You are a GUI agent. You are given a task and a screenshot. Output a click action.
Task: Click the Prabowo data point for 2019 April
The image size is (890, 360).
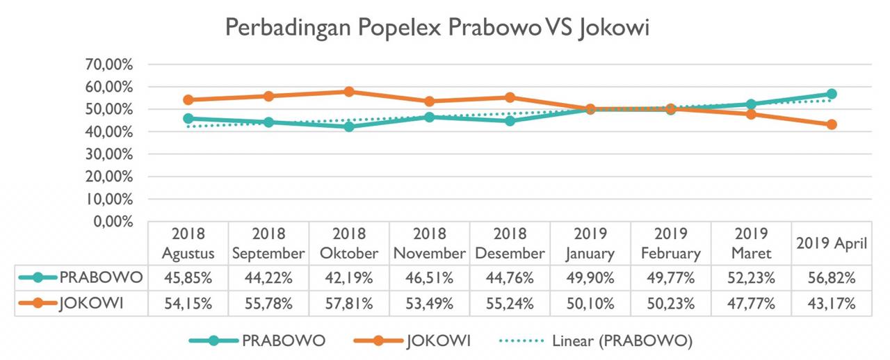832,94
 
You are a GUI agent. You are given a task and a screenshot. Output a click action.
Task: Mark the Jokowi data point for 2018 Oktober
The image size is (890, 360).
349,92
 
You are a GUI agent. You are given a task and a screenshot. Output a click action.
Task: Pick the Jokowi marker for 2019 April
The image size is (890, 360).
832,124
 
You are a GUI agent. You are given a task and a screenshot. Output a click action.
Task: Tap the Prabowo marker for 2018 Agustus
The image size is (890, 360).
188,119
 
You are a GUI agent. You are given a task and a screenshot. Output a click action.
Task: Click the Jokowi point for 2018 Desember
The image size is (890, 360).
510,97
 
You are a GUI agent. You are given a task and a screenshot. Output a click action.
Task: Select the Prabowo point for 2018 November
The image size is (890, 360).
429,117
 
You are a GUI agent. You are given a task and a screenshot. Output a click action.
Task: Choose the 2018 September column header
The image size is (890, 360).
268,243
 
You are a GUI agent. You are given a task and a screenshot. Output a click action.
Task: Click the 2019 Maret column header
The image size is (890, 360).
751,243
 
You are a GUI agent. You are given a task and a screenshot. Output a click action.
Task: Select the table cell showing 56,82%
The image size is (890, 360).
832,278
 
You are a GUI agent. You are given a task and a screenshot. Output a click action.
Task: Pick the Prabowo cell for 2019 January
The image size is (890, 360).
590,278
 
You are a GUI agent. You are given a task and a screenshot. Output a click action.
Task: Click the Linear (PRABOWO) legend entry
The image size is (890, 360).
622,341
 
